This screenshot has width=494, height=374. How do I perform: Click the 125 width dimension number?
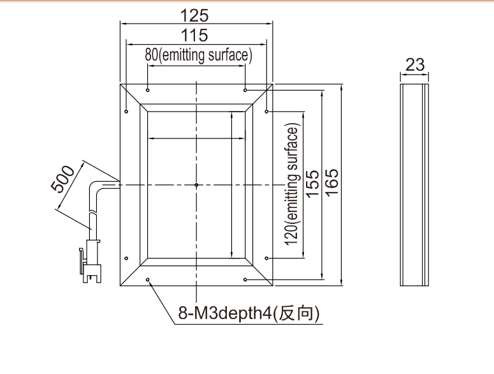[194, 15]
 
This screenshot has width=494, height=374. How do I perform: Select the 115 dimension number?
[194, 35]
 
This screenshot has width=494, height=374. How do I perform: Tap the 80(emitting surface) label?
[198, 55]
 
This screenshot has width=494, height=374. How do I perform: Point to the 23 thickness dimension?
[415, 64]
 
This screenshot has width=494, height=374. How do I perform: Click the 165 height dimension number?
[331, 183]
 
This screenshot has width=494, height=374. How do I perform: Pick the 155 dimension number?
[312, 184]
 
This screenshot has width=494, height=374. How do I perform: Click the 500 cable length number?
[62, 179]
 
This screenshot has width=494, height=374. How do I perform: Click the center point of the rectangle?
[196, 185]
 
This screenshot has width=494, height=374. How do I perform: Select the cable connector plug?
[91, 261]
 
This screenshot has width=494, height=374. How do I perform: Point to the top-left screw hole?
[147, 90]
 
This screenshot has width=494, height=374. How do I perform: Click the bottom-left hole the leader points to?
[147, 280]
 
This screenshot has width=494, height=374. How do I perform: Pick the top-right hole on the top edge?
[245, 90]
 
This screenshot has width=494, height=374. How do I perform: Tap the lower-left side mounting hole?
[126, 258]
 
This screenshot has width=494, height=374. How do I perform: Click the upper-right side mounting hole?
[266, 111]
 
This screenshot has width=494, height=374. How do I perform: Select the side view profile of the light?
[414, 185]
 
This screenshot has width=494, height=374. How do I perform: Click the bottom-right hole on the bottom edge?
[245, 280]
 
